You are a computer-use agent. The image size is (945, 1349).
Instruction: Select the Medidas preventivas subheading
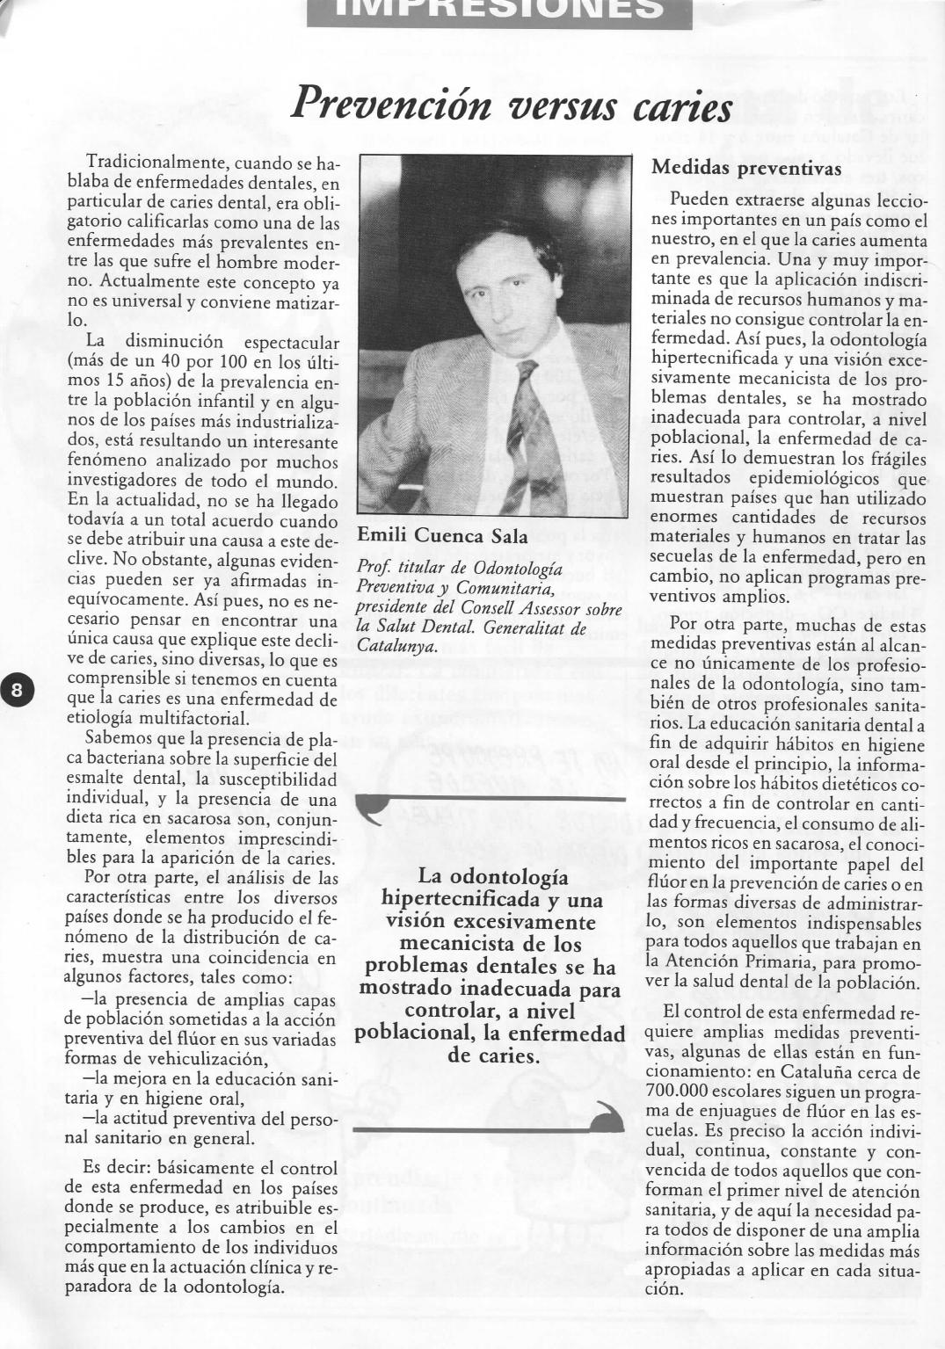[746, 168]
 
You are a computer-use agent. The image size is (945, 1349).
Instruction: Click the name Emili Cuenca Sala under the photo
[442, 536]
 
